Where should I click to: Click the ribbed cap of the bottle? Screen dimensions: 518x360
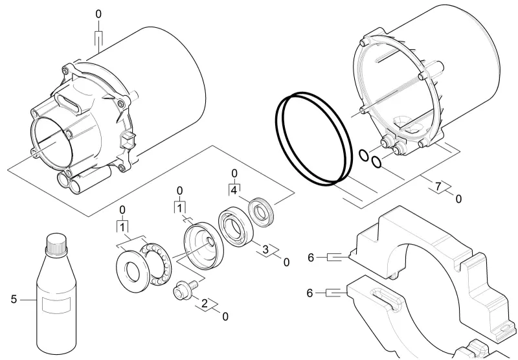(56, 244)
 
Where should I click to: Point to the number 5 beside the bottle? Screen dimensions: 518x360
(14, 299)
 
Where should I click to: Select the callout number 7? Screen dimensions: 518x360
(438, 186)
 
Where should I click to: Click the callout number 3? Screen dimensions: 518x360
(265, 249)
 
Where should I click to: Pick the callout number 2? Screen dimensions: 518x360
(205, 303)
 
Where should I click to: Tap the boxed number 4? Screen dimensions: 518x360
(234, 190)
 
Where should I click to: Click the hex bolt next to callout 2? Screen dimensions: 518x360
(185, 290)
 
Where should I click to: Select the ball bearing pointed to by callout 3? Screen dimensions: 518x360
(236, 227)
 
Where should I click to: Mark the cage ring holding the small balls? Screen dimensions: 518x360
(156, 264)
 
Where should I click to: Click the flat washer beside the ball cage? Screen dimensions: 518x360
(133, 272)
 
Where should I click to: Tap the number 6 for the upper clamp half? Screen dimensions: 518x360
(311, 257)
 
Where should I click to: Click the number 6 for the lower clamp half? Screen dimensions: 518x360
(310, 293)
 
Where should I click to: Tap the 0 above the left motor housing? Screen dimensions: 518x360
(98, 14)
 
